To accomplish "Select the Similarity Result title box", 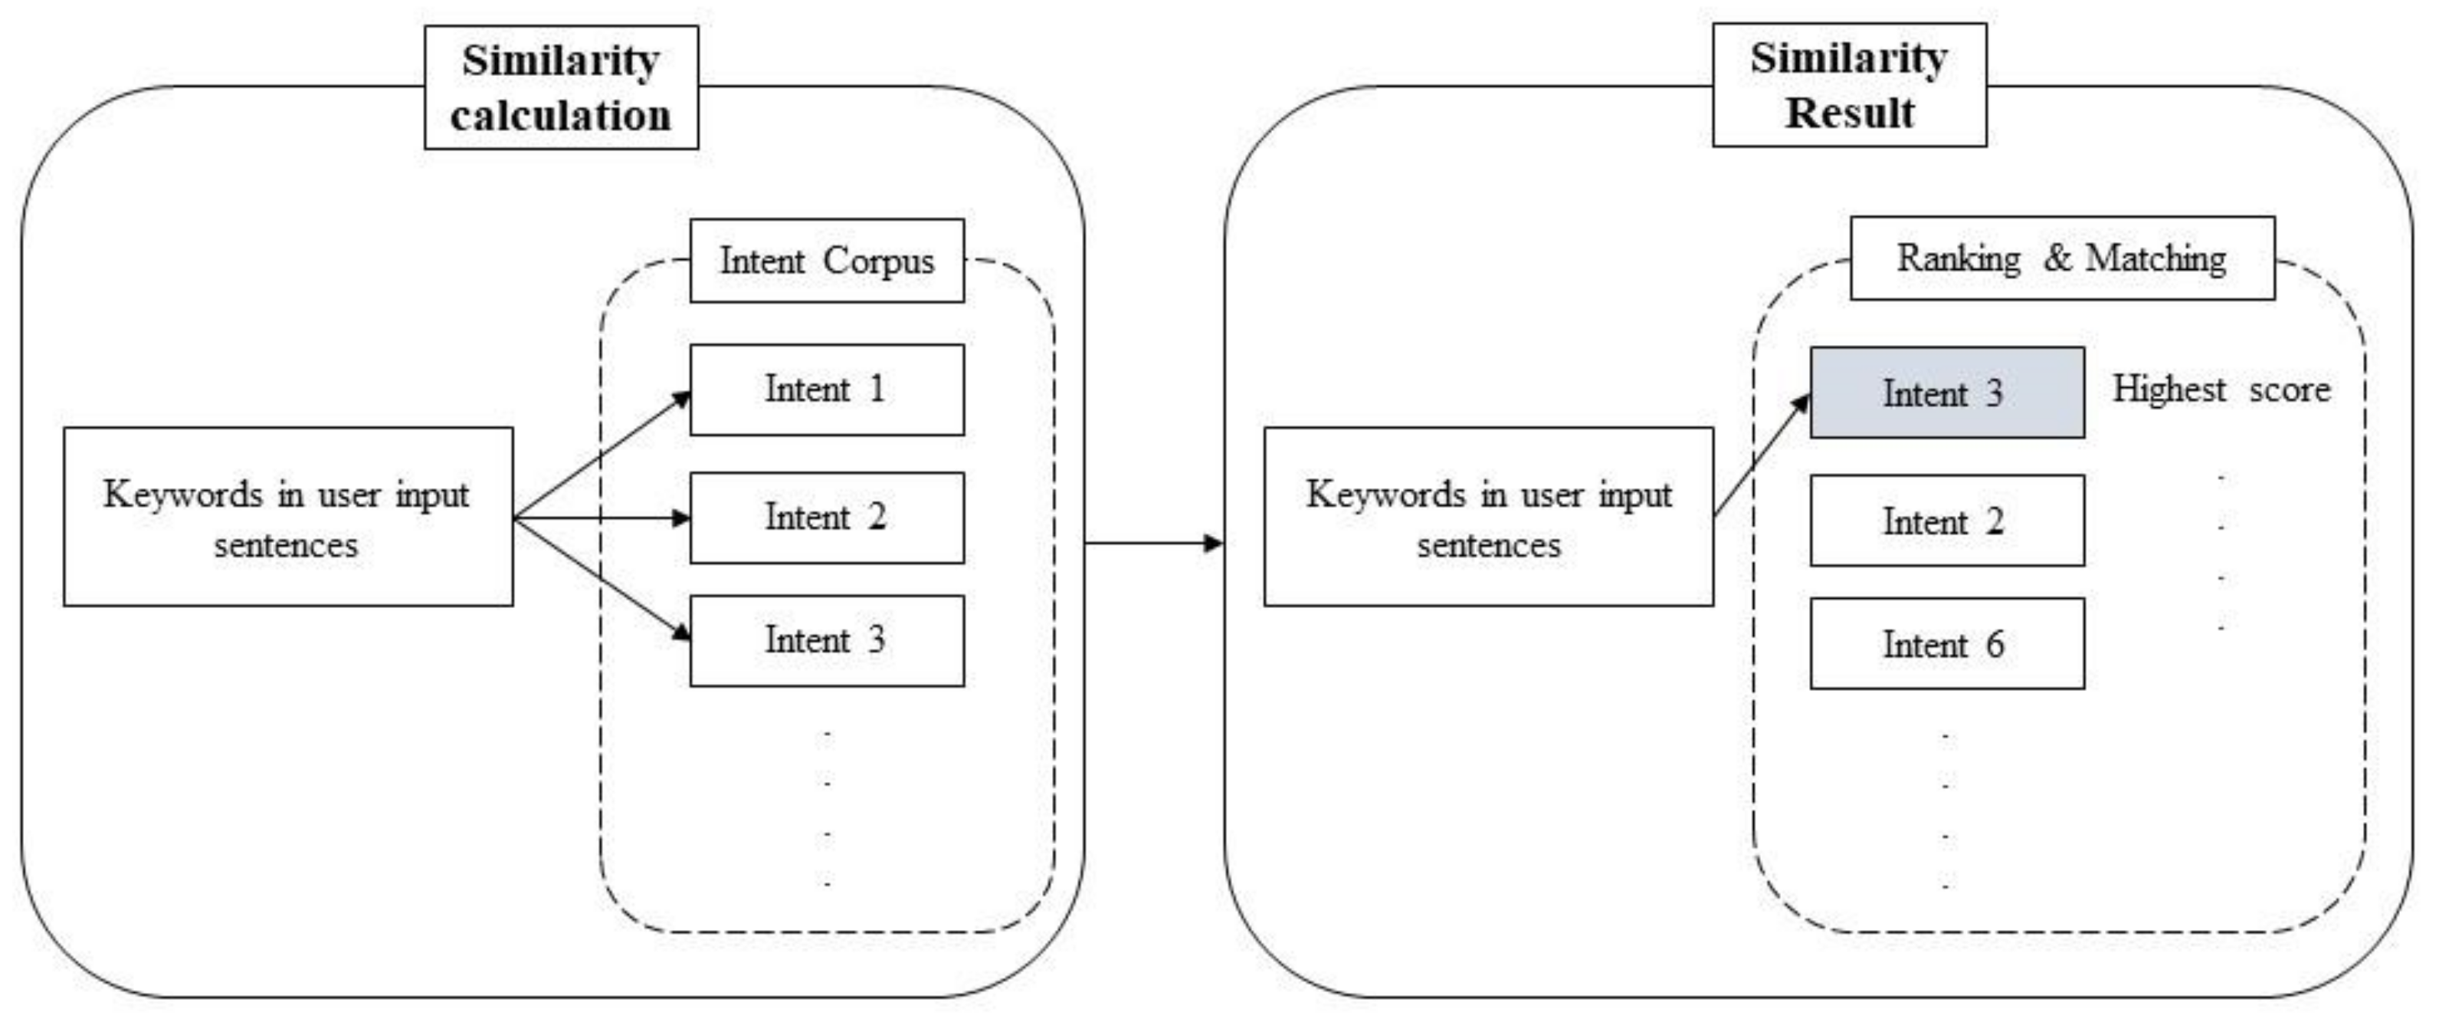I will coord(1848,85).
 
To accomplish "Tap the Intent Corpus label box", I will coord(827,261).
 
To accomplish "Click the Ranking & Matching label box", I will coord(2061,258).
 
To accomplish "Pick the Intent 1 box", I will coord(827,390).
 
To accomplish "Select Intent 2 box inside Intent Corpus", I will coord(827,517).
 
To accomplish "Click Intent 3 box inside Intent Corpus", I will coord(827,640).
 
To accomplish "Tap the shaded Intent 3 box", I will coord(1946,392).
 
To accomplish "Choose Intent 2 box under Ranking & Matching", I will coord(1946,520).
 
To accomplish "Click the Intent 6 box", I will coord(1946,643).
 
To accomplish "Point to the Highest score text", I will coord(2221,390).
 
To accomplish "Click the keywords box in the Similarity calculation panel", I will coord(288,516).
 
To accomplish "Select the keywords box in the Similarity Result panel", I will coord(1487,516).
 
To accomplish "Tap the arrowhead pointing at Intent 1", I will coord(682,399).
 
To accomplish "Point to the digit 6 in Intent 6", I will coord(1994,644).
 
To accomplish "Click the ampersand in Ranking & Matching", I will coord(2056,258).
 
